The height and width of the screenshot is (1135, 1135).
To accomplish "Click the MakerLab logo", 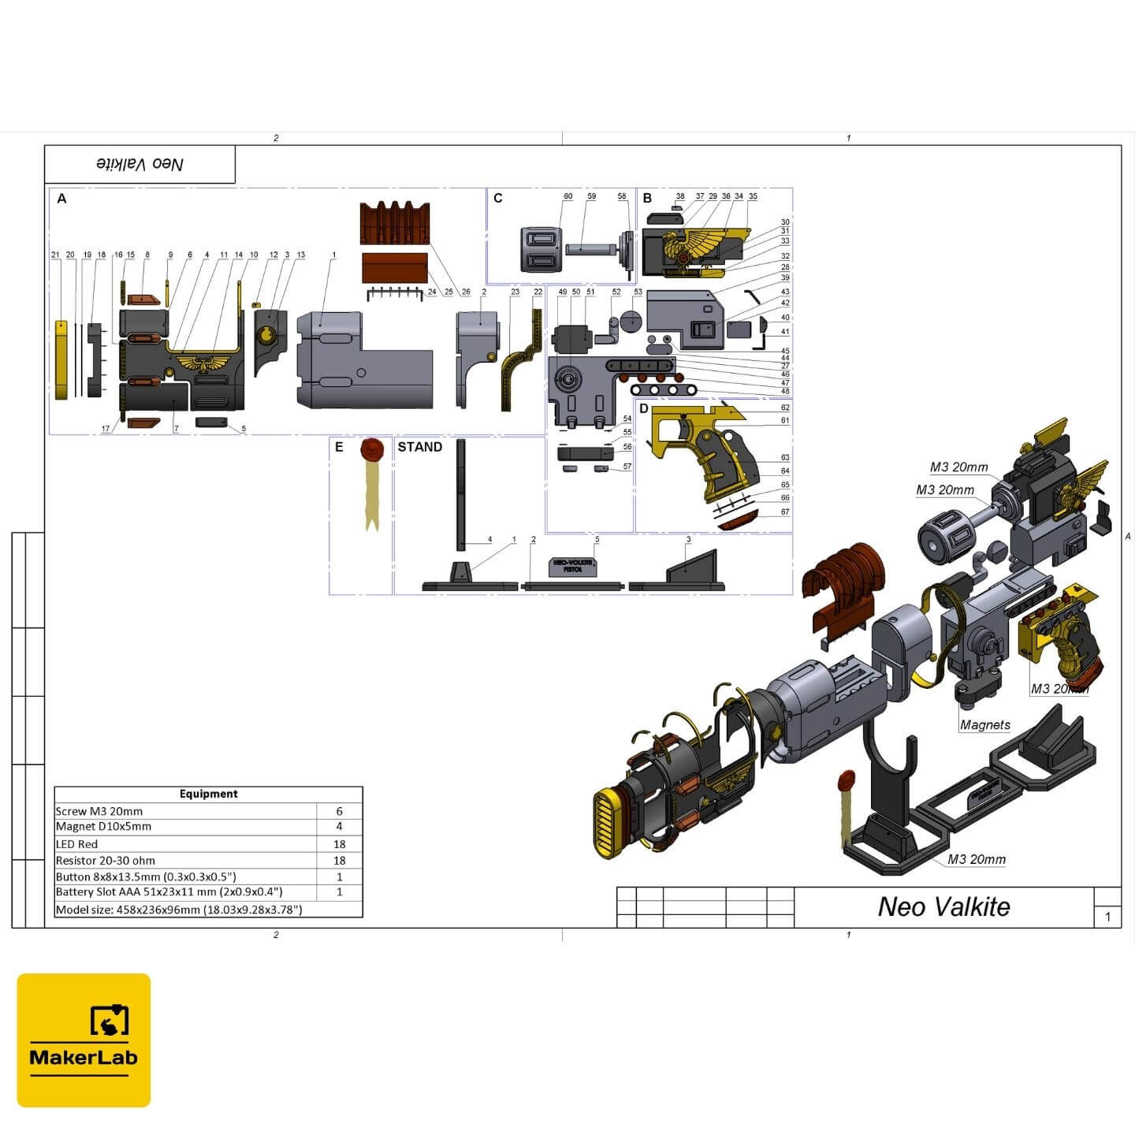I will [84, 1040].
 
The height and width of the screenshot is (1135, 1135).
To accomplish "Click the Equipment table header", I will [208, 794].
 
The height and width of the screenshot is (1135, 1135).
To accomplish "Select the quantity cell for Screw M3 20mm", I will [339, 811].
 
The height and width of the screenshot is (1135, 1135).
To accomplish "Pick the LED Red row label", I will [77, 844].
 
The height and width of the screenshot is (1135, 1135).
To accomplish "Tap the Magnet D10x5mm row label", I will [103, 827].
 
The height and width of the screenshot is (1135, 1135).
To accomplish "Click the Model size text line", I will [179, 910].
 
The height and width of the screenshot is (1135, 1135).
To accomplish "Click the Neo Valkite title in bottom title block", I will [943, 907].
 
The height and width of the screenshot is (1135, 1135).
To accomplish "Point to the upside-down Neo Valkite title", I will [140, 164].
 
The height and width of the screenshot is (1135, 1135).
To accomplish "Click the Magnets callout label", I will [984, 725].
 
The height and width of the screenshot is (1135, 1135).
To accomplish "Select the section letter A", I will [62, 199].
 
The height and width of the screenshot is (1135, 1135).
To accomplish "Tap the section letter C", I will [497, 198].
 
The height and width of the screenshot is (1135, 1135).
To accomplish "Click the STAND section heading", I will [419, 447].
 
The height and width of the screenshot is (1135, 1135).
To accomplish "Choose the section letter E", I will [339, 447].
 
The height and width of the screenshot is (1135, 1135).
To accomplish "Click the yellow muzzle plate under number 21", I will [61, 359].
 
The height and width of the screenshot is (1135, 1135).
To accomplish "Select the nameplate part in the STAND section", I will [573, 566].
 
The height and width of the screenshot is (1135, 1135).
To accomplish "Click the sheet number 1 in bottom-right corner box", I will [1107, 917].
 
